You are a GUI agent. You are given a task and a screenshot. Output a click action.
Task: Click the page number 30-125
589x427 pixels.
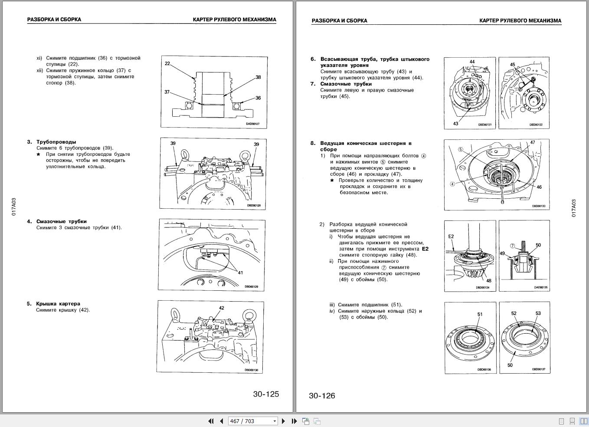click(x=266, y=394)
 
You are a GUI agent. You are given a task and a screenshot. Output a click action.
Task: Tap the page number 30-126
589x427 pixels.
click(x=322, y=395)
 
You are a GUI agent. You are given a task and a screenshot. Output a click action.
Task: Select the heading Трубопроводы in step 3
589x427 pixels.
click(x=56, y=142)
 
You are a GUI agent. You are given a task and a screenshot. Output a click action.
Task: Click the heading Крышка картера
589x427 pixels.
click(x=58, y=304)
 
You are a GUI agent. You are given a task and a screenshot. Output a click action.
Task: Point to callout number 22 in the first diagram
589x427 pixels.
click(x=167, y=63)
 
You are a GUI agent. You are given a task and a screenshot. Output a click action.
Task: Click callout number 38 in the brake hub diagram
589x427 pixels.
click(x=258, y=77)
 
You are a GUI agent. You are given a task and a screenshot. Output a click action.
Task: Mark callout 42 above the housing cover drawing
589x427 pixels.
click(x=221, y=308)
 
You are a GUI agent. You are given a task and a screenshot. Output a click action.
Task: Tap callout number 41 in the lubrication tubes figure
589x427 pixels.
click(x=240, y=273)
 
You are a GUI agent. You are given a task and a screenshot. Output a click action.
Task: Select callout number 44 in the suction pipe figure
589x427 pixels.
click(x=472, y=62)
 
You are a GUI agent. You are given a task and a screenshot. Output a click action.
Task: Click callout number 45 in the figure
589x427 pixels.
click(x=512, y=65)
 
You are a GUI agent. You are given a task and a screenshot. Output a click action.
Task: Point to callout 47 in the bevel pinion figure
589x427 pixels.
click(x=533, y=142)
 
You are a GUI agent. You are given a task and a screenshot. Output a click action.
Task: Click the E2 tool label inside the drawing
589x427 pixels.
click(x=451, y=236)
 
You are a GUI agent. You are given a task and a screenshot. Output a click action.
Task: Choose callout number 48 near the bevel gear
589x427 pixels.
click(x=489, y=280)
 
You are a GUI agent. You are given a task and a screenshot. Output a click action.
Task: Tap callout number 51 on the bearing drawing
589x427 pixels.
click(x=480, y=314)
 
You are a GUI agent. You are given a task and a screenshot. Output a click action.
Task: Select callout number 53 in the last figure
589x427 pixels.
click(x=538, y=313)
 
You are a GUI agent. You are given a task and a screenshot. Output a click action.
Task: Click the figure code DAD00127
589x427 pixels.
click(x=252, y=124)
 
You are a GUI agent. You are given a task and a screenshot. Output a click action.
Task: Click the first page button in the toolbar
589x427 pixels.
click(x=211, y=421)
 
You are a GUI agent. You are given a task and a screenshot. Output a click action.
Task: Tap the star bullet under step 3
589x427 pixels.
click(x=38, y=154)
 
